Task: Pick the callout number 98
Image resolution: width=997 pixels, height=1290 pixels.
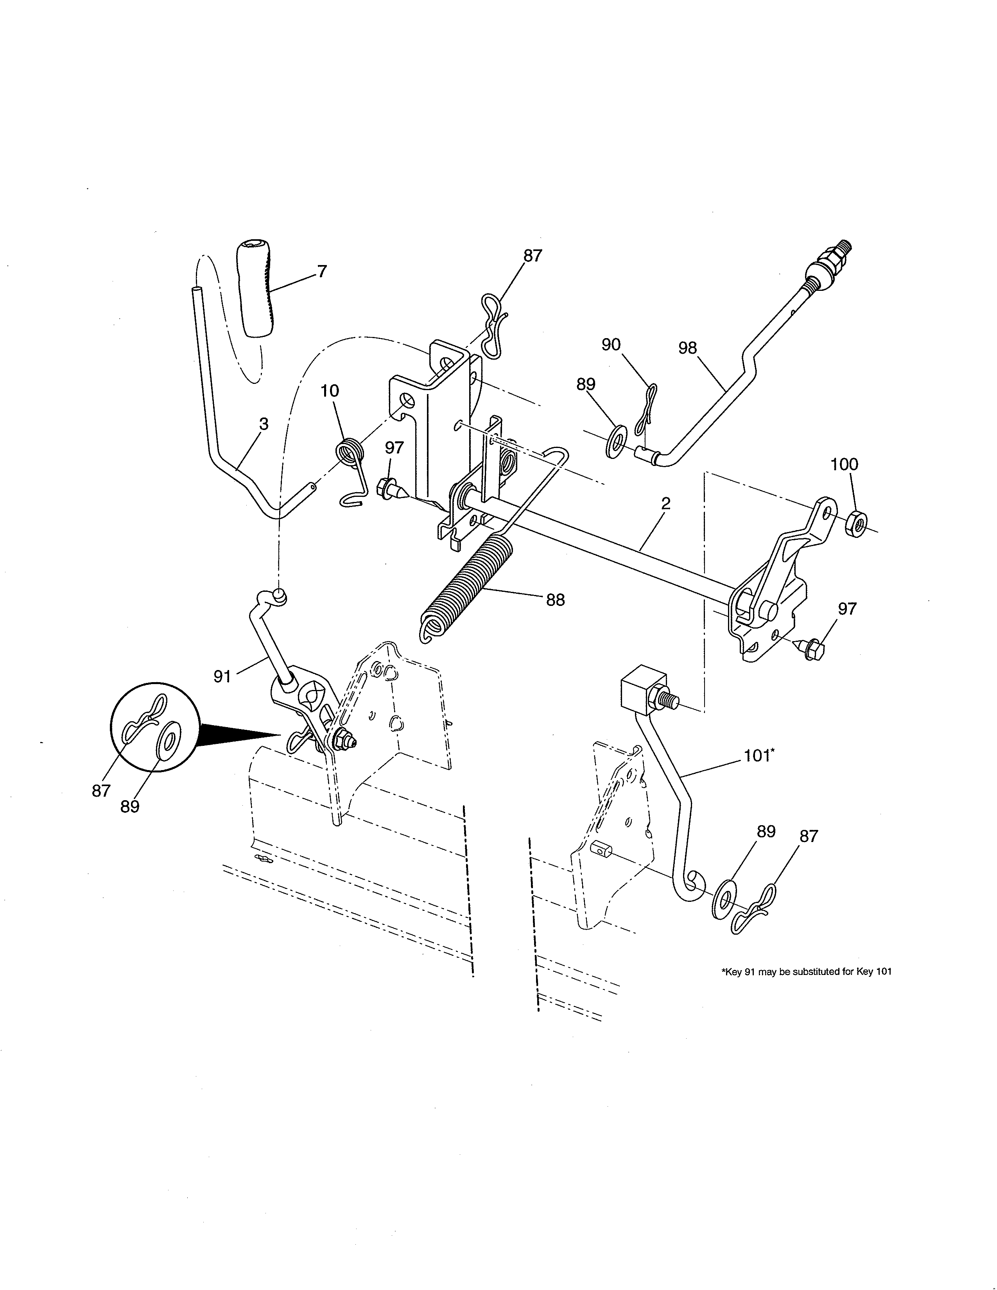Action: click(687, 348)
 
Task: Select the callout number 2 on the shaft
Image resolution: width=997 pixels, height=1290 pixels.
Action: click(666, 503)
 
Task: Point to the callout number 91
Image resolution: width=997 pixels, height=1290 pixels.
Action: click(222, 676)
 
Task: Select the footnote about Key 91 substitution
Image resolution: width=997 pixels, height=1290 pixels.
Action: click(806, 972)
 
